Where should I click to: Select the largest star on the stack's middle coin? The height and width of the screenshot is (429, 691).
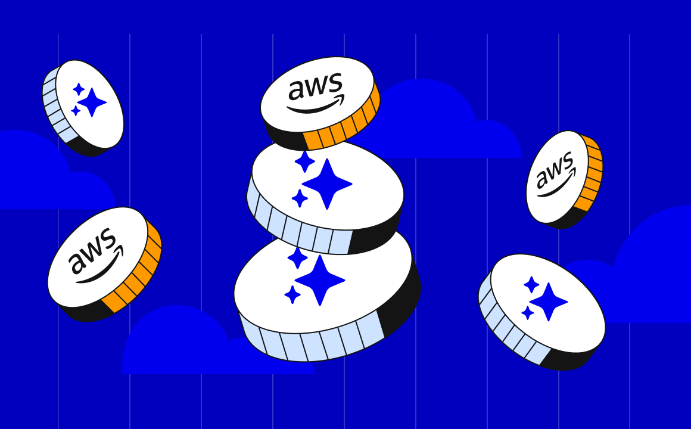327,184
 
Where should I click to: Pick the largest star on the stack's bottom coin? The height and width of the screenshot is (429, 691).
320,279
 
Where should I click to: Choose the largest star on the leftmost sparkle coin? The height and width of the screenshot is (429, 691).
92,102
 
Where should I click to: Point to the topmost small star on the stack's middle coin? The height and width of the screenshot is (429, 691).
304,161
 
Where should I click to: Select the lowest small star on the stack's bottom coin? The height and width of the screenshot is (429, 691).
292,294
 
